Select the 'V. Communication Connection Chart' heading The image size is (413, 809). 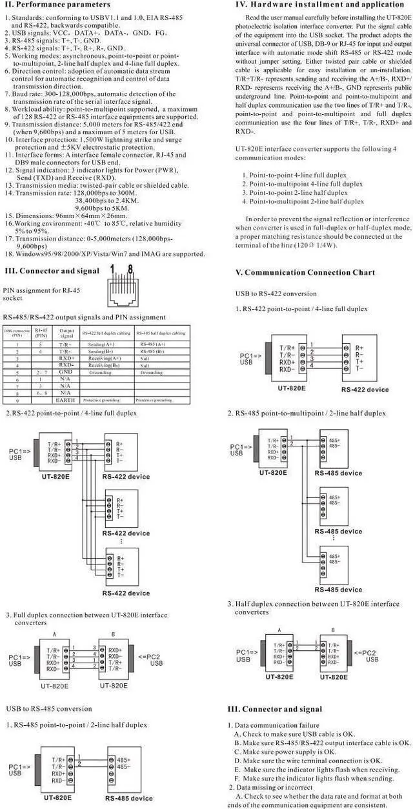point(301,272)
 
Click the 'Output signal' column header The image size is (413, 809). point(66,334)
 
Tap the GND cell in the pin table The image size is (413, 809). point(65,372)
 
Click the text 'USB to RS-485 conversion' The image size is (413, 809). point(49,709)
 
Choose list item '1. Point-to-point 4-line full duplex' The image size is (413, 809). point(295,175)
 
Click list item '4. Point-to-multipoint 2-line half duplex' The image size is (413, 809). point(303,201)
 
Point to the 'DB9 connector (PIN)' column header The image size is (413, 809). point(17,334)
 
